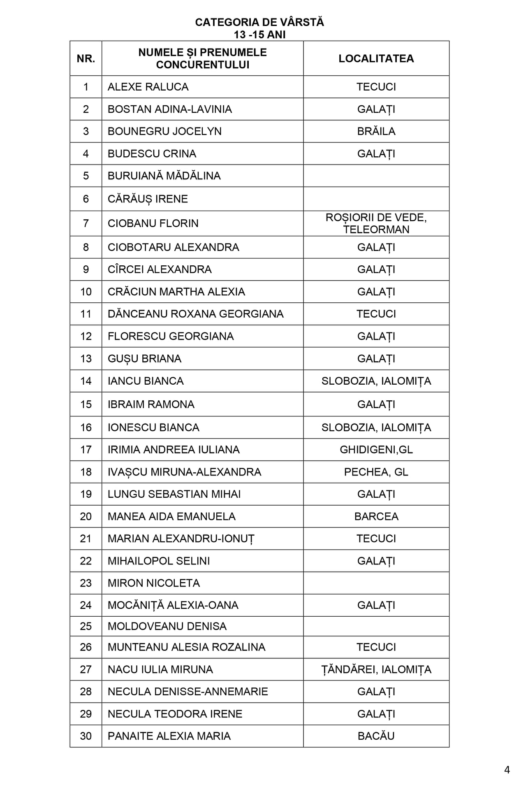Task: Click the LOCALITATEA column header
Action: (376, 58)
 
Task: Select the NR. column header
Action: (86, 58)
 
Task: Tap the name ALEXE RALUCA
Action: (148, 87)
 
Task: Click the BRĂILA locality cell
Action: (376, 131)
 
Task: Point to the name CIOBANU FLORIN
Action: (153, 223)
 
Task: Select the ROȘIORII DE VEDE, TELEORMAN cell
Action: (376, 223)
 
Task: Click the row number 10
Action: (86, 292)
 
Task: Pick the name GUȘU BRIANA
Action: (144, 359)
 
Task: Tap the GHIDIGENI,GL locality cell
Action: (376, 450)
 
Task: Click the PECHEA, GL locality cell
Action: (376, 472)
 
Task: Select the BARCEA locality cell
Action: (376, 516)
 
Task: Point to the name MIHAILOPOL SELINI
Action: (159, 561)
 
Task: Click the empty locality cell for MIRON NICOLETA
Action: (376, 583)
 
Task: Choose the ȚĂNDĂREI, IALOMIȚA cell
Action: (376, 669)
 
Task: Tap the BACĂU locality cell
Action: (376, 736)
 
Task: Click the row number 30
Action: (86, 736)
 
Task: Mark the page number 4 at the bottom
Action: (507, 770)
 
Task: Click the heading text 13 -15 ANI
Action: (259, 35)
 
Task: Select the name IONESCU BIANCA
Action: (153, 427)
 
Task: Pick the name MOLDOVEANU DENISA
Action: (167, 626)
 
